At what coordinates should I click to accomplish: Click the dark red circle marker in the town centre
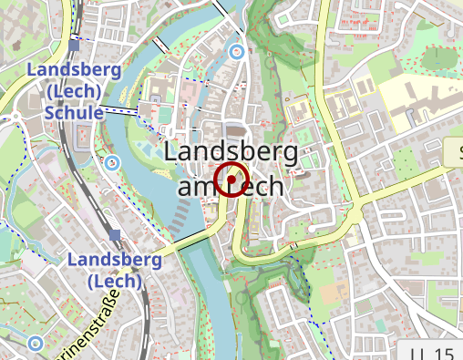(x=232, y=179)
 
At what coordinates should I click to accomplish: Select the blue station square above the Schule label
(x=74, y=45)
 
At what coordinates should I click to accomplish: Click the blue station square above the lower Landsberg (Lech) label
(x=115, y=236)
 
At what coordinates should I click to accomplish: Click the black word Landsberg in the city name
(x=231, y=152)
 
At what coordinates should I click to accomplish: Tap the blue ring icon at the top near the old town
(x=237, y=51)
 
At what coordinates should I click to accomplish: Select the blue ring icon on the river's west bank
(x=112, y=163)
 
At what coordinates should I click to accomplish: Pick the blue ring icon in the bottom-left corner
(x=35, y=344)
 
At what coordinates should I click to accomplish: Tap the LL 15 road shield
(x=431, y=353)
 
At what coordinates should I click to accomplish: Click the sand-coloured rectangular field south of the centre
(x=326, y=293)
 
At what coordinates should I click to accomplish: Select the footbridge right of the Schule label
(x=118, y=110)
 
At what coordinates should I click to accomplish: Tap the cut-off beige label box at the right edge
(x=456, y=152)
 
